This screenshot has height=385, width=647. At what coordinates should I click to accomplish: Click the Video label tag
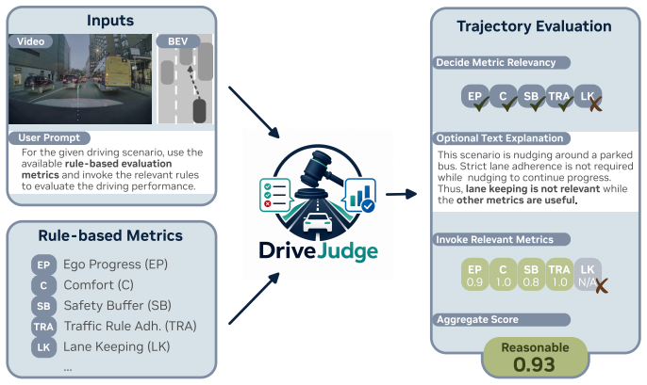31,41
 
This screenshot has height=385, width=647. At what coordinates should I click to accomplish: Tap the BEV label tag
178,41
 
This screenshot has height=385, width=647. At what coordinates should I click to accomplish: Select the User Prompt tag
49,137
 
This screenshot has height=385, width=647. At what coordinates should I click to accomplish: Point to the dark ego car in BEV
200,110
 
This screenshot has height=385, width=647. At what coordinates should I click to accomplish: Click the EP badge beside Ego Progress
43,265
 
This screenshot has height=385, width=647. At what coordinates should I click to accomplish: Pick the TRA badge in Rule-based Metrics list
43,327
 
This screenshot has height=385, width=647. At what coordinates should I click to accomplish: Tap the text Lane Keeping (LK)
116,346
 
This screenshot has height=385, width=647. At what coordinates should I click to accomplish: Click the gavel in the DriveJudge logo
320,172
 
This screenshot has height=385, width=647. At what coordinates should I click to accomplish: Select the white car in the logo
318,223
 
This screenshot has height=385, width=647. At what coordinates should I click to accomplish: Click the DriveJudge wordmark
318,251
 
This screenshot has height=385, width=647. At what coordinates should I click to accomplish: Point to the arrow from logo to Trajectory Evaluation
401,194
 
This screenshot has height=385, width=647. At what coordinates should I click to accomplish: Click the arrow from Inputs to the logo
255,112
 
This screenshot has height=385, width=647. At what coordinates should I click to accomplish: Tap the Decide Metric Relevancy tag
501,62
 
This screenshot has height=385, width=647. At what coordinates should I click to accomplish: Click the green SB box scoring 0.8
531,275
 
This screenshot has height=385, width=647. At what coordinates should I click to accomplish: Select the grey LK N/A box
588,275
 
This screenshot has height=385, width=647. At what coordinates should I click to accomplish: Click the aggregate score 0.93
535,364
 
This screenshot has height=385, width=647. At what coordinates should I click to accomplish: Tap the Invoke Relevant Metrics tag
501,240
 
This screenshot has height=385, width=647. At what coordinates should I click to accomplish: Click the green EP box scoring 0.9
475,275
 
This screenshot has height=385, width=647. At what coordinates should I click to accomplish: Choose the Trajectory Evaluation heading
535,26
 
